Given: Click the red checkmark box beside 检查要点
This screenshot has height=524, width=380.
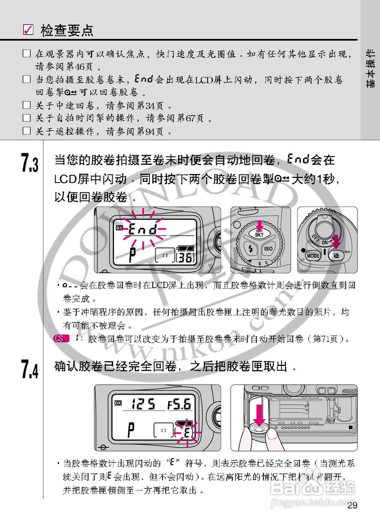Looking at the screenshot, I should pyautogui.click(x=28, y=30).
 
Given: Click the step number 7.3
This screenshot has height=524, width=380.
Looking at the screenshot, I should pyautogui.click(x=29, y=163).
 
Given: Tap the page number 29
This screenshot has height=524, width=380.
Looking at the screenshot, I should pyautogui.click(x=352, y=505).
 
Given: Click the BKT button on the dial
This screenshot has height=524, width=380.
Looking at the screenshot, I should pyautogui.click(x=260, y=235).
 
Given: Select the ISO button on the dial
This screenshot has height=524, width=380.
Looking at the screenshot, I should pyautogui.click(x=268, y=248).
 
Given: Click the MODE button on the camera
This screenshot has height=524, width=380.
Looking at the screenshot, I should pyautogui.click(x=313, y=256).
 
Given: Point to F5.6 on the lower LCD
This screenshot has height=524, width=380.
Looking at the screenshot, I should pyautogui.click(x=179, y=405).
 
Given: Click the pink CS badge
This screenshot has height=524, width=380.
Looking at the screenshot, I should pyautogui.click(x=60, y=339).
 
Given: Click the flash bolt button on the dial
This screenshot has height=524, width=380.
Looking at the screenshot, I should pyautogui.click(x=250, y=248).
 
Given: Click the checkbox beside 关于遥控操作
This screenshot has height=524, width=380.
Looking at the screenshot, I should pyautogui.click(x=27, y=131).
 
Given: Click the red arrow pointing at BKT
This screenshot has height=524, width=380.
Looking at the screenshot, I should pyautogui.click(x=259, y=225).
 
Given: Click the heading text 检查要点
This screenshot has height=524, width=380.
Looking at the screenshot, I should pyautogui.click(x=67, y=30).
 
